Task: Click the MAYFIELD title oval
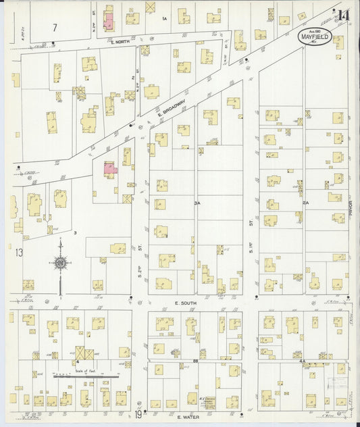315,36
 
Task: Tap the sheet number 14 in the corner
344,15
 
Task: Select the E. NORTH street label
119,42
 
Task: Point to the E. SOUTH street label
184,303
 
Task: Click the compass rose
60,263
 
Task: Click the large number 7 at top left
55,27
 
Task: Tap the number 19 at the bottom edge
137,415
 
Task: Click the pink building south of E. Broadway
110,169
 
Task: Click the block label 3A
197,203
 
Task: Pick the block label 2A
305,203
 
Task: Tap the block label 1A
163,18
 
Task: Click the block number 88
195,362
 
